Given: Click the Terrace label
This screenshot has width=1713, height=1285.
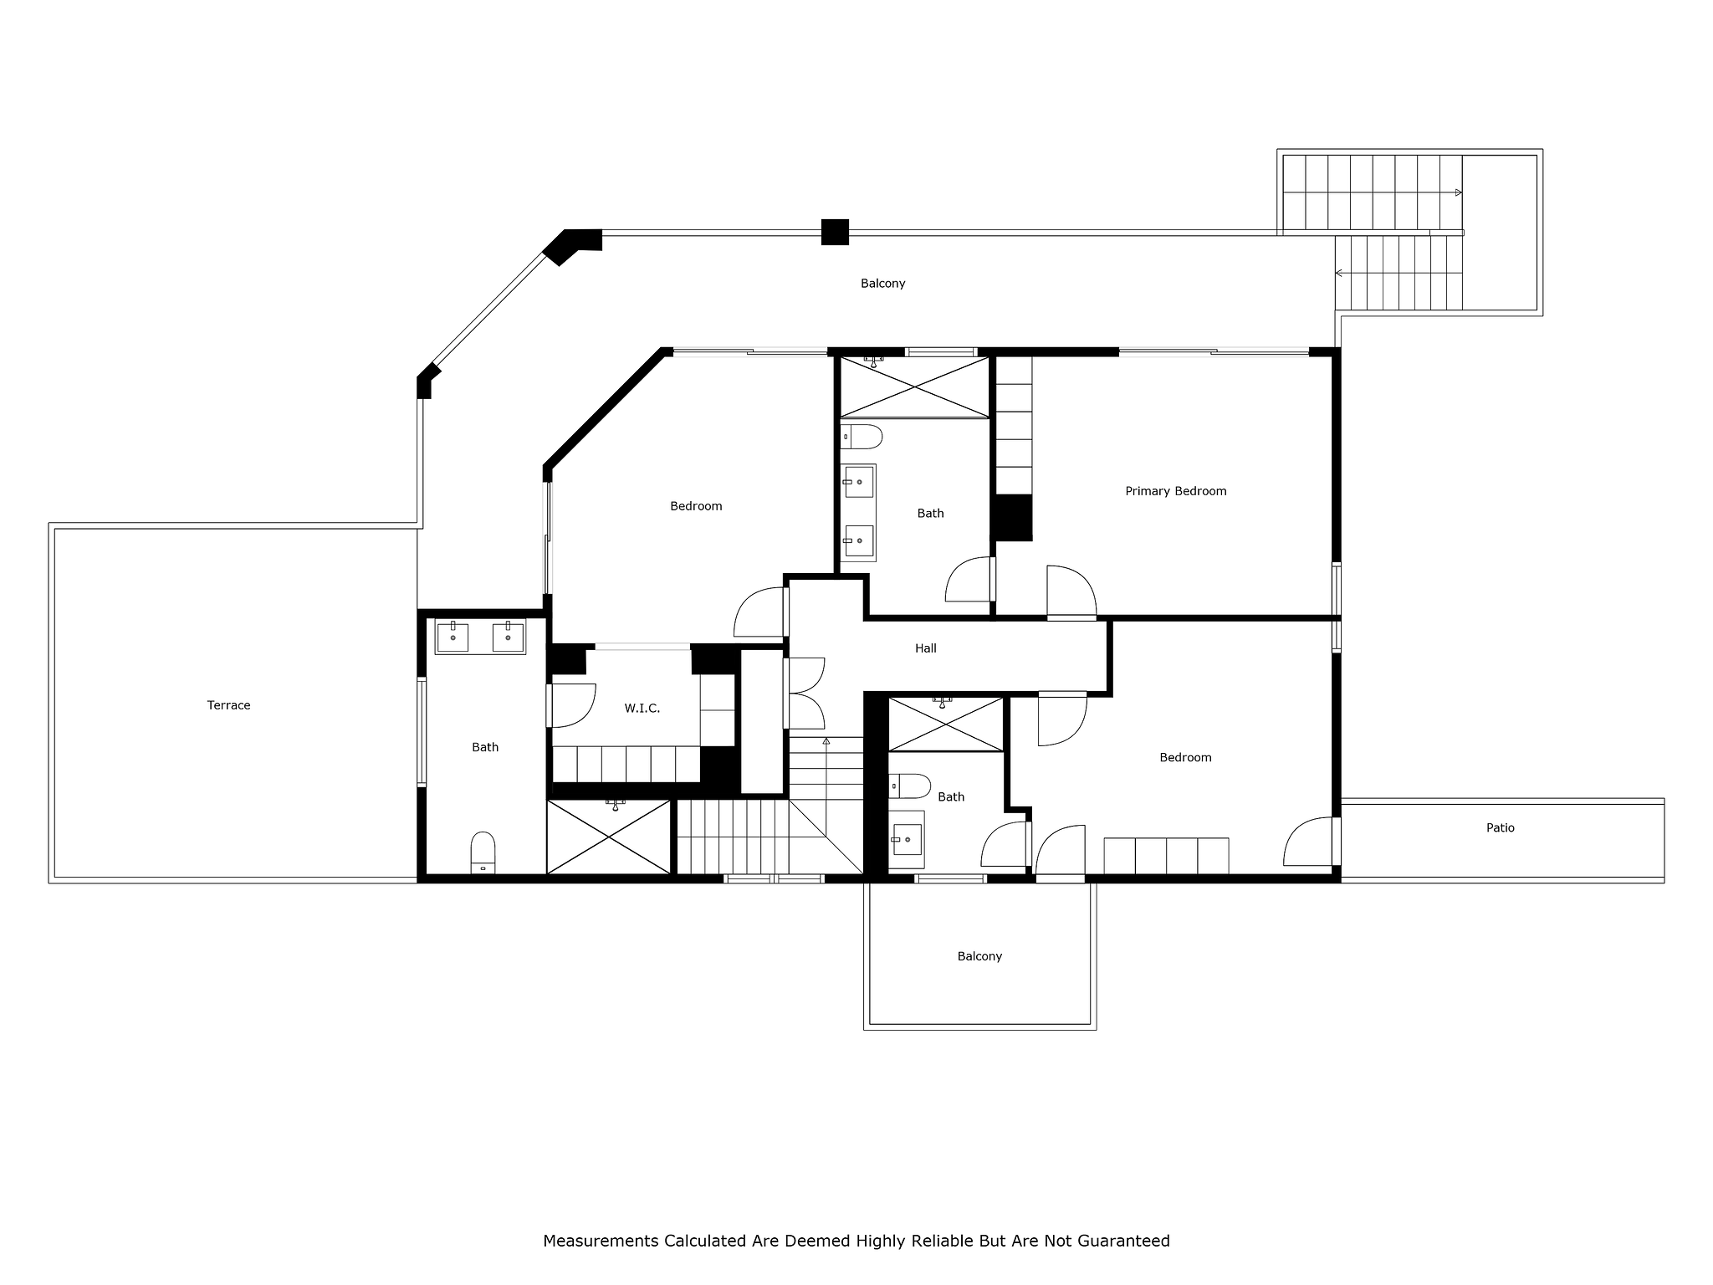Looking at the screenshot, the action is coord(228,705).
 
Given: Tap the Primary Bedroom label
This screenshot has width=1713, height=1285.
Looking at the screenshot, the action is coord(1175,491).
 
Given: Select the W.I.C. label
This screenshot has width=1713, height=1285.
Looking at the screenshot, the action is coord(642,709).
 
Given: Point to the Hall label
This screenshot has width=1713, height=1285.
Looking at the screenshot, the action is coord(925,648).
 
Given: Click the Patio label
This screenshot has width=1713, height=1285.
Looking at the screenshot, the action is coord(1500,828).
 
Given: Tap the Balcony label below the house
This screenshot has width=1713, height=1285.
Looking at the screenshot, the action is coord(979,956).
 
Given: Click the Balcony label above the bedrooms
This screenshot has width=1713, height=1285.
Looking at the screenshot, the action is coord(882,284).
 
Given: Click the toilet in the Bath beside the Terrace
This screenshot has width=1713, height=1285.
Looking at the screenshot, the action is coord(483,852).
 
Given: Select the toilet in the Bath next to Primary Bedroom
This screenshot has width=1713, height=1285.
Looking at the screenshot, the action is coord(862,437).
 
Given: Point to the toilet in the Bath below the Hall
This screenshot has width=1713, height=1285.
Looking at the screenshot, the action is coord(909,786).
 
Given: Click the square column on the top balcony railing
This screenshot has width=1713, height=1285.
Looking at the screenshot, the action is coord(835,232).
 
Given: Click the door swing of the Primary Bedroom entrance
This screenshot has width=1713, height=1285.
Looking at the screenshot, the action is coord(1071,591).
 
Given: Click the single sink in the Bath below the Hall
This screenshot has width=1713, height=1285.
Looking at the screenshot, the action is coord(907,839).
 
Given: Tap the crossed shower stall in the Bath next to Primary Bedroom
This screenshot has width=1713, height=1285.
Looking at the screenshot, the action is coord(915,387).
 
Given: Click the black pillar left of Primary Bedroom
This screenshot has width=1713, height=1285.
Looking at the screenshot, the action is coord(1012,517).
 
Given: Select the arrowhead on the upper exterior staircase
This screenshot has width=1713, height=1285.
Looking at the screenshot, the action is coord(1459,193).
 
